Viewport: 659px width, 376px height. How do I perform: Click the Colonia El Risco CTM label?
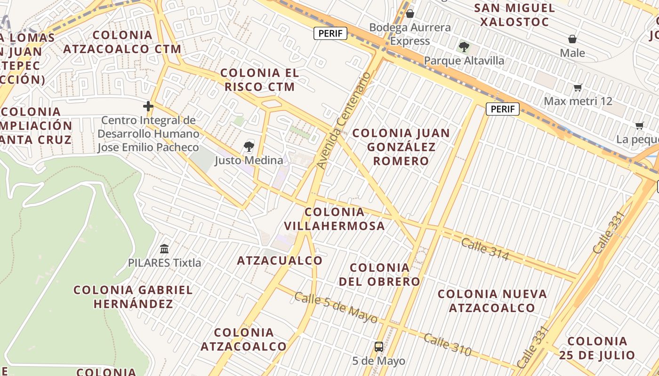(x=259, y=80)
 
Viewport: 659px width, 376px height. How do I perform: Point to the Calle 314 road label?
(x=485, y=249)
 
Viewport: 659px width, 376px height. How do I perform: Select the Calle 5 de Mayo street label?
(x=336, y=308)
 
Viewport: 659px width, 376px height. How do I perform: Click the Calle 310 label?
(x=447, y=344)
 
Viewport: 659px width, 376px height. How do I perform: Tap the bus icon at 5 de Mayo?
(x=378, y=347)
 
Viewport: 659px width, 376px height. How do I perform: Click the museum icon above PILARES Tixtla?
(x=164, y=249)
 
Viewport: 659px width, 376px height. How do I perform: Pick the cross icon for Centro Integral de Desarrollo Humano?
(x=148, y=106)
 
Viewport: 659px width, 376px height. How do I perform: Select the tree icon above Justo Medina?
(x=249, y=146)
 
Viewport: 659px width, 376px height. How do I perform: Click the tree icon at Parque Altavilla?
(x=464, y=47)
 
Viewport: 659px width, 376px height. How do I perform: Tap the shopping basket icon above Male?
(x=572, y=39)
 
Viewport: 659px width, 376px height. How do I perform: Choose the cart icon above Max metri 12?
(x=578, y=87)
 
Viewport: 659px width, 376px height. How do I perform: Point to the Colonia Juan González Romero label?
(x=402, y=147)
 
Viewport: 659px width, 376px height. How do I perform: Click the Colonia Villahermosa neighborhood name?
(x=335, y=219)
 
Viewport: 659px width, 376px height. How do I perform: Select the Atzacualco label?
(x=280, y=260)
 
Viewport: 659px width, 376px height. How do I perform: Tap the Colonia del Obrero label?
(x=379, y=274)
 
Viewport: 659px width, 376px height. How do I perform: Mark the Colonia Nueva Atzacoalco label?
(x=492, y=301)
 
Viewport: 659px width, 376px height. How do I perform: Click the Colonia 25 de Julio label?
(x=597, y=348)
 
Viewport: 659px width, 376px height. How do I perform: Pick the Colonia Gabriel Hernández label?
(x=133, y=297)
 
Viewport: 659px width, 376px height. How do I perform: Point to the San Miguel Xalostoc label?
(x=514, y=15)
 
